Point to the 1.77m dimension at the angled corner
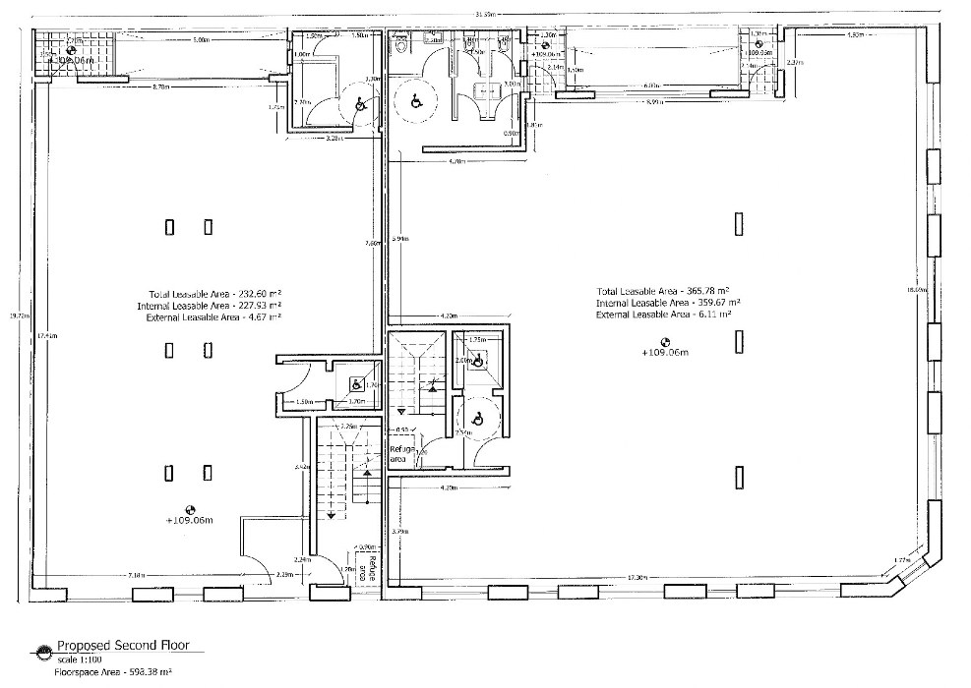coord(898,560)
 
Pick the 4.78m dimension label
coord(456,159)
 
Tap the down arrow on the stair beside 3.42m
coord(332,513)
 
